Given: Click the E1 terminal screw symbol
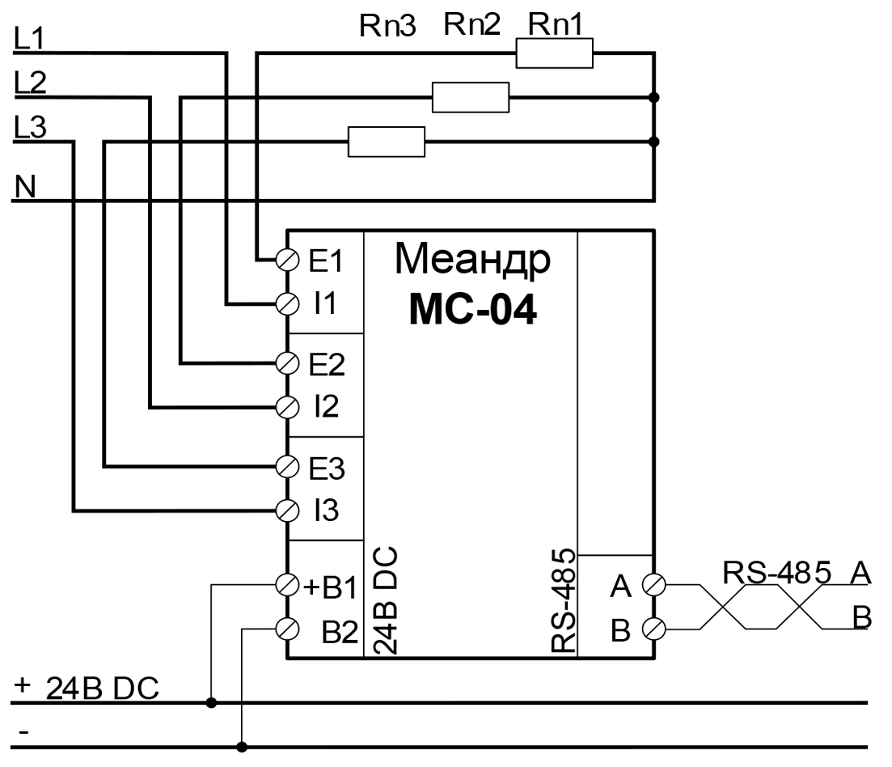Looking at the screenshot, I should pos(287,260).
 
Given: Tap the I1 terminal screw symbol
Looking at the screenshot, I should pos(287,303).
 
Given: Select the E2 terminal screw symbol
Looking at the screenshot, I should pos(287,361).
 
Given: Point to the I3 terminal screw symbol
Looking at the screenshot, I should pos(287,510).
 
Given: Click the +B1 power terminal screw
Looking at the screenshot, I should pos(287,583).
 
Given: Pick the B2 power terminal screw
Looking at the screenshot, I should pos(287,627).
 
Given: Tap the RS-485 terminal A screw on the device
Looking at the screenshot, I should pos(653,583).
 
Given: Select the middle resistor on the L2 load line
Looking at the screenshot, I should pos(471,98).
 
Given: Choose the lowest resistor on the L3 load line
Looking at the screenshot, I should pos(387,142).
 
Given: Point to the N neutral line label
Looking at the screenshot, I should pos(27,187).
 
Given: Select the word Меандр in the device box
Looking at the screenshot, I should pos(472,261).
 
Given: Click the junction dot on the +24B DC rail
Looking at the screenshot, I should pos(211,702).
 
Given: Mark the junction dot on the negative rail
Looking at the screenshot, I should pos(243,746).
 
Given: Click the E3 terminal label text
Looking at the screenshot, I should pos(327,468).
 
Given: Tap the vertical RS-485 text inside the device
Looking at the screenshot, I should pos(563,600).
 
